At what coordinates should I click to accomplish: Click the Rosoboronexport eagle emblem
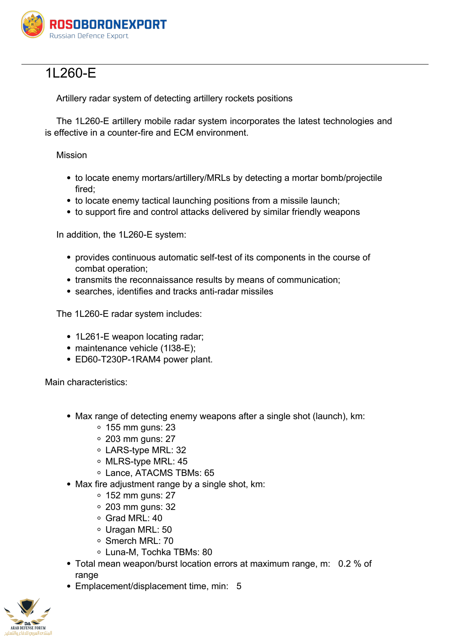tap(33, 24)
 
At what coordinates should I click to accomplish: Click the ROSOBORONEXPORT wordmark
tap(108, 24)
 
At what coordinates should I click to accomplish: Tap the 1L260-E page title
tap(71, 73)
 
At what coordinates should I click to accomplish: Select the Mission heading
tap(72, 155)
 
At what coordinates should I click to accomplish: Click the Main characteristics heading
tap(86, 382)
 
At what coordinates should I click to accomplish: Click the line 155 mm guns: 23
tap(140, 427)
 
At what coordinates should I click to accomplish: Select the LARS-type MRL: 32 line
tap(145, 450)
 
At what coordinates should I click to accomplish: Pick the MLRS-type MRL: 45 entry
tap(146, 461)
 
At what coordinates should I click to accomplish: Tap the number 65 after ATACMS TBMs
tap(209, 473)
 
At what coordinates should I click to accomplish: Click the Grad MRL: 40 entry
tap(134, 518)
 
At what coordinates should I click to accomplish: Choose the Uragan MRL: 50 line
tap(139, 530)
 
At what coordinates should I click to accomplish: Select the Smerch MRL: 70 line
tap(139, 541)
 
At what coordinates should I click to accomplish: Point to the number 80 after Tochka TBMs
tap(207, 552)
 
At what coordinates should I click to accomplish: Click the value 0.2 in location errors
tap(344, 564)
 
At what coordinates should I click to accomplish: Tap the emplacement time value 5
tap(239, 586)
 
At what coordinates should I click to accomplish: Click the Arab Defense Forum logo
tap(28, 616)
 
